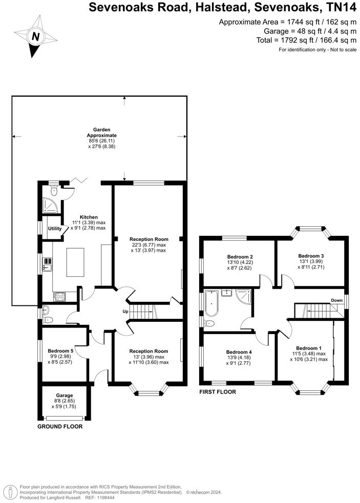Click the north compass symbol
coord(36,37)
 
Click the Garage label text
coord(65,396)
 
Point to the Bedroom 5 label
coord(65,351)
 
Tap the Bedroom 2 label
coord(240,257)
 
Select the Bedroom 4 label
coord(239,352)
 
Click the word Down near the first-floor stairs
coord(336,300)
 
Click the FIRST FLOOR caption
coord(218,392)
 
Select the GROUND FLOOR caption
coord(60,426)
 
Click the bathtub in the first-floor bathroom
coord(211,303)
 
